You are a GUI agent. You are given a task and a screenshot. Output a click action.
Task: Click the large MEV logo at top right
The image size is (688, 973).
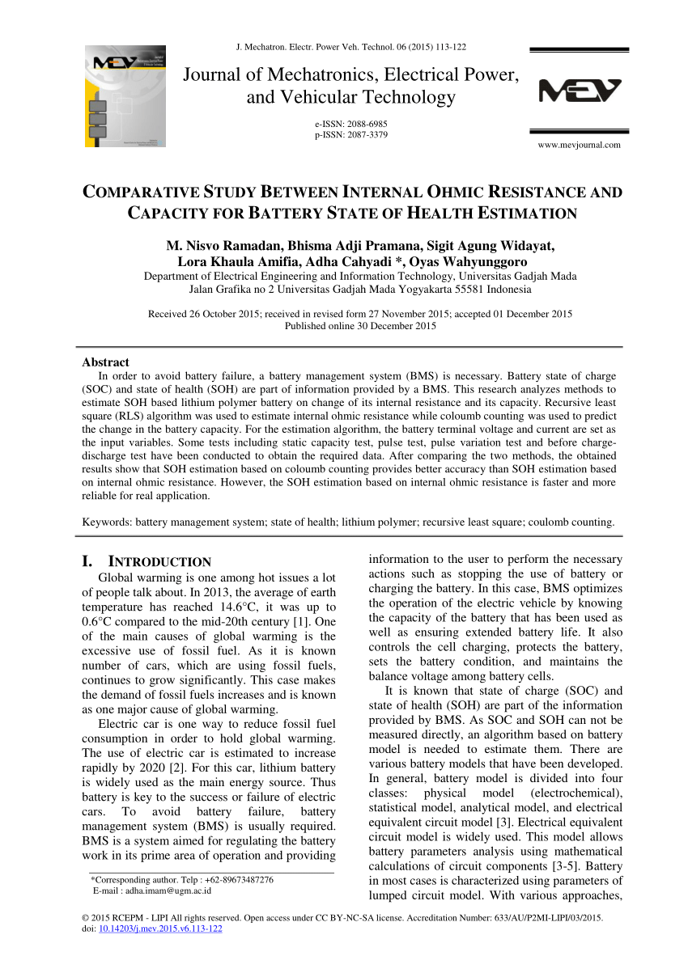580,91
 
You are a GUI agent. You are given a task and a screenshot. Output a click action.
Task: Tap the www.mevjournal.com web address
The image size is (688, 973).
580,145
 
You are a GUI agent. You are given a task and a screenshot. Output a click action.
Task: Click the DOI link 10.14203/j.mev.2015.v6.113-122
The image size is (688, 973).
160,929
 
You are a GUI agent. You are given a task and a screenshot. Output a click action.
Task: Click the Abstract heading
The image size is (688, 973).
105,362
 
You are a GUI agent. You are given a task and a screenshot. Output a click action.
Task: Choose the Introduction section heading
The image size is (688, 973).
159,561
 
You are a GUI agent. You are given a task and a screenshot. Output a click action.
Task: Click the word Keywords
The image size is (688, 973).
107,522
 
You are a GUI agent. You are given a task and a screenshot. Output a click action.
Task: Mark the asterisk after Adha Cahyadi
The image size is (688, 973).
397,262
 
